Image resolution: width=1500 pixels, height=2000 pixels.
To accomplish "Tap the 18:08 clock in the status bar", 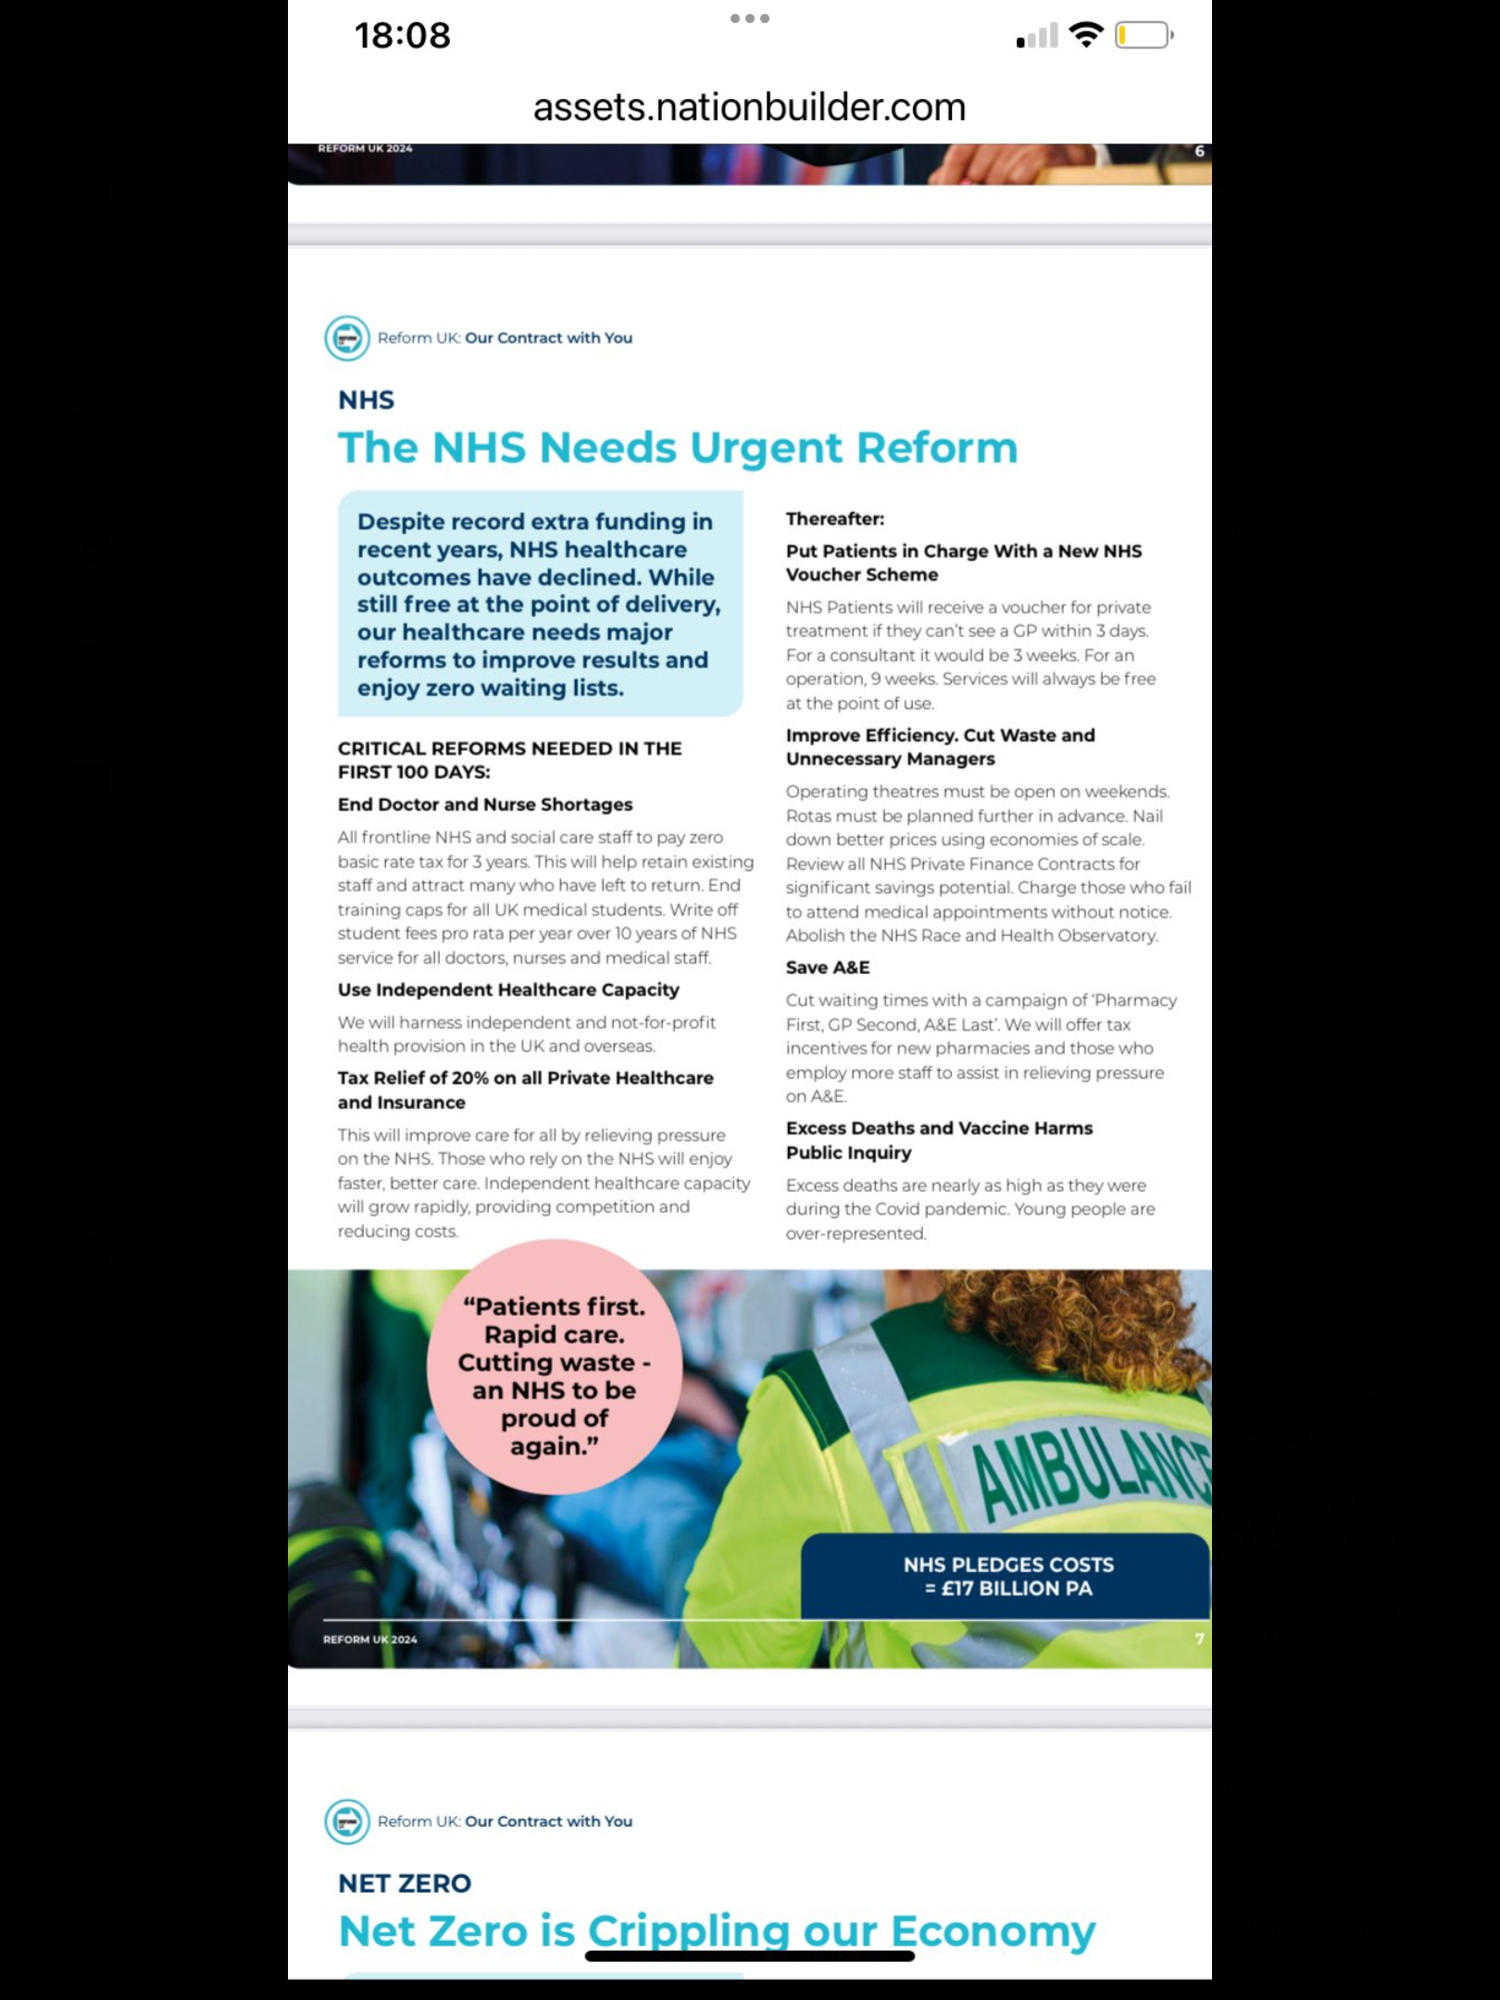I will tap(402, 36).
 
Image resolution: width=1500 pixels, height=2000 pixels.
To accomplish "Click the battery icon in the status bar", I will tap(1143, 36).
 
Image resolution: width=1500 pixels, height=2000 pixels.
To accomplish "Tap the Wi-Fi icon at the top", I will tap(1085, 35).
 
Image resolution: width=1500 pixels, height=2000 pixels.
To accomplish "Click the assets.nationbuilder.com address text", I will tap(749, 107).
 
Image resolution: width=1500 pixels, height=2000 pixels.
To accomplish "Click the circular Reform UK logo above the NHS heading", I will tap(347, 338).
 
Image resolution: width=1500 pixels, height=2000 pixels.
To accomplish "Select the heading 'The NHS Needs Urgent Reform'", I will tap(678, 448).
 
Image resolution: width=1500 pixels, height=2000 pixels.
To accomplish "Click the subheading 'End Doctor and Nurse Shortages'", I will tap(485, 805).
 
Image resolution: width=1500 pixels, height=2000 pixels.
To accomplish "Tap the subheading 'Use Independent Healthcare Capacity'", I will tap(508, 990).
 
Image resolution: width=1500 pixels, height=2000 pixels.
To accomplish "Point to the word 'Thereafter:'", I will tap(835, 519).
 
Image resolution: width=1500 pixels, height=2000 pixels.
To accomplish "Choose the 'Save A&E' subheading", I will tap(828, 968).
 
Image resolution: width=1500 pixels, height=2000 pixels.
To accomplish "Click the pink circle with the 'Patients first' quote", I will tap(554, 1368).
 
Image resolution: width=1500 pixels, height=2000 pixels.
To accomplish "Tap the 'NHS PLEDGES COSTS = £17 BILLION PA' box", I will tap(1007, 1577).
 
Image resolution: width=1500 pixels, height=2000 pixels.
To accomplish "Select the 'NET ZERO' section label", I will tap(405, 1883).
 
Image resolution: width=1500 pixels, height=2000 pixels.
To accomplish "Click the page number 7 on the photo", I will tap(1199, 1639).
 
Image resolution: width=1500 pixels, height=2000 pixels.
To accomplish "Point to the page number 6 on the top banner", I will tap(1199, 151).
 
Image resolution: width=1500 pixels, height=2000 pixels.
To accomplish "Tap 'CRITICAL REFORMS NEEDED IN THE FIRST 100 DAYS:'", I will tap(509, 760).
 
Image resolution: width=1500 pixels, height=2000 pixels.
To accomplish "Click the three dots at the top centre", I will tap(749, 19).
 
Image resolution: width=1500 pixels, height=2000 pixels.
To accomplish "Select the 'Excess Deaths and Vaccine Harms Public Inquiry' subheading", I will tap(939, 1140).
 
